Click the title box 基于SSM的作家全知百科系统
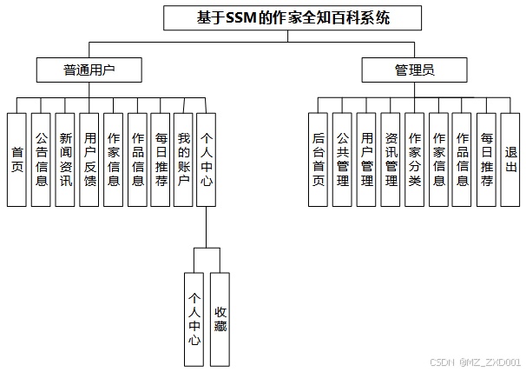[293, 17]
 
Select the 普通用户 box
[89, 70]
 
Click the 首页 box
[16, 159]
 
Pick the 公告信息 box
[41, 159]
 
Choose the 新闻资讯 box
[65, 159]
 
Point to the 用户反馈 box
[89, 159]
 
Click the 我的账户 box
[183, 159]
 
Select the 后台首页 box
[319, 159]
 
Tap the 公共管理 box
[343, 159]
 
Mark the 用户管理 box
[367, 159]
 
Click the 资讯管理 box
[391, 159]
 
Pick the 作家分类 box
[415, 159]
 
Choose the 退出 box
[510, 159]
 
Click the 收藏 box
[220, 318]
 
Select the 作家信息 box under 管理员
[439, 159]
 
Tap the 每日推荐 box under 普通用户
[161, 159]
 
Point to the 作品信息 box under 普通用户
[137, 159]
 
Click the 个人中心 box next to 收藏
[195, 318]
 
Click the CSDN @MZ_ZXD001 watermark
[475, 362]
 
